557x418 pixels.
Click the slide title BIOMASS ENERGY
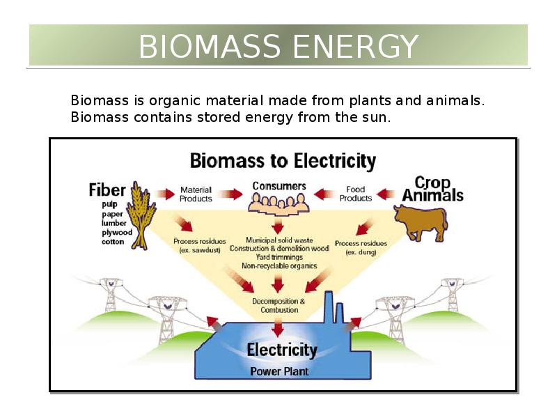click(x=278, y=47)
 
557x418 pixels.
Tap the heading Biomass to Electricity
click(x=283, y=161)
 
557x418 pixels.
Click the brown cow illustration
click(x=421, y=222)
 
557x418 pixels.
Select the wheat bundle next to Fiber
click(x=141, y=215)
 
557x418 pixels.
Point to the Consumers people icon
click(x=279, y=204)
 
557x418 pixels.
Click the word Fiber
click(x=107, y=189)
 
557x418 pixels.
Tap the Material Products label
click(x=196, y=194)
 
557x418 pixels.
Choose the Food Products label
click(x=356, y=194)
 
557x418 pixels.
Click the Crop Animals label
click(x=432, y=189)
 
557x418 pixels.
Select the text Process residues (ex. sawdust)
click(x=200, y=246)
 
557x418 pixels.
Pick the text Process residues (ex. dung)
click(x=361, y=248)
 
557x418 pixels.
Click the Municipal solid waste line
click(x=279, y=240)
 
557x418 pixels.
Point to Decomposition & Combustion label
click(x=279, y=306)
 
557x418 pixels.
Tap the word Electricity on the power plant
click(x=282, y=350)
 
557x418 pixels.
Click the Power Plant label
click(x=279, y=371)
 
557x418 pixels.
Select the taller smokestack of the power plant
click(x=329, y=307)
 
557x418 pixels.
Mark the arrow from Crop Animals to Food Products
click(x=386, y=194)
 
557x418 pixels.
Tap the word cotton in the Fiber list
click(x=113, y=242)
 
